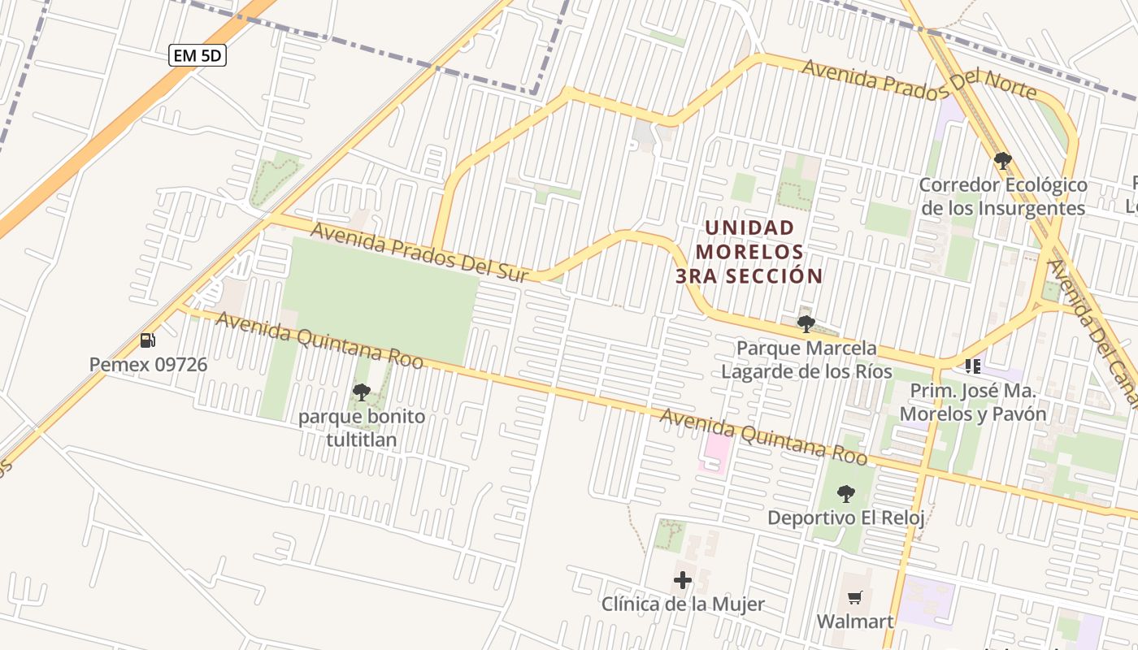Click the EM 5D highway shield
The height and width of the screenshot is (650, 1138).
pos(198,55)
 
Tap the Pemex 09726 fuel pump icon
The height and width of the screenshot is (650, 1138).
pos(148,340)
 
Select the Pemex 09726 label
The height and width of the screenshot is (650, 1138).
pos(148,364)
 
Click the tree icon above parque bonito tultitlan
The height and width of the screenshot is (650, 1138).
pos(362,392)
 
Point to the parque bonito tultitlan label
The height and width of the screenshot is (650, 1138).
pos(362,428)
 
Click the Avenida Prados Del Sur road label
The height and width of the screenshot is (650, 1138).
pos(419,253)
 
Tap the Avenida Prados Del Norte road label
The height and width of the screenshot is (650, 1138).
pos(919,79)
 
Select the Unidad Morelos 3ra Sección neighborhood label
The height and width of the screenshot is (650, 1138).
pos(749,251)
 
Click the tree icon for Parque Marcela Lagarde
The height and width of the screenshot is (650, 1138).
pos(806,324)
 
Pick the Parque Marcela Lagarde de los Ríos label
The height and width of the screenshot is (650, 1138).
pos(806,360)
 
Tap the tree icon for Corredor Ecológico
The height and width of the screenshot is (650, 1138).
pos(1003,160)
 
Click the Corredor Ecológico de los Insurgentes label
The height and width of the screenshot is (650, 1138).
pos(1003,197)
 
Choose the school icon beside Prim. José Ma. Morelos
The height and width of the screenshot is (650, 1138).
pos(973,366)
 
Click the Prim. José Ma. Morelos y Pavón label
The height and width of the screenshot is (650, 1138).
pos(973,402)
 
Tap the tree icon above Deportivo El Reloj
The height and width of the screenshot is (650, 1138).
pos(846,493)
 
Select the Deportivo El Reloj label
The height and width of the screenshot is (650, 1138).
pos(846,518)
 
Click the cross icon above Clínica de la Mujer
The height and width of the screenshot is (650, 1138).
pos(683,580)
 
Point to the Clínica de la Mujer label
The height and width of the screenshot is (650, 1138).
pos(683,604)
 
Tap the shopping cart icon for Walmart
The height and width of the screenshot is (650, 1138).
pos(854,598)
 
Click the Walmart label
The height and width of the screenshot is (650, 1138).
pos(855,622)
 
